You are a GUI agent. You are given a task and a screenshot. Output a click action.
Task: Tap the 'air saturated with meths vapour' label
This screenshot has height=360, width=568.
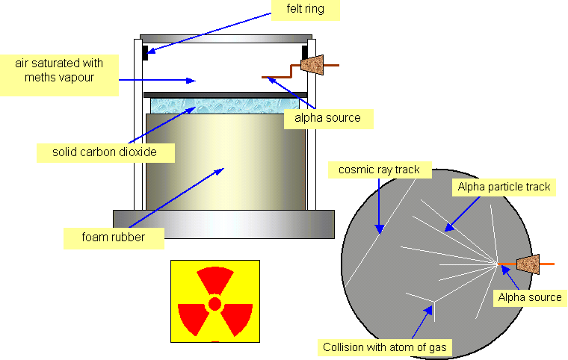(59, 71)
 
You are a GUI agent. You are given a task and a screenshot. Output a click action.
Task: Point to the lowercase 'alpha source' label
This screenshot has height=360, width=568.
(327, 118)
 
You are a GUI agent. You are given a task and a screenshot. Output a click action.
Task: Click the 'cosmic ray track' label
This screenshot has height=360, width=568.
(379, 170)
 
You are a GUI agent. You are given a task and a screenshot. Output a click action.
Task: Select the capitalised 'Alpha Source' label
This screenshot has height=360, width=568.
(529, 297)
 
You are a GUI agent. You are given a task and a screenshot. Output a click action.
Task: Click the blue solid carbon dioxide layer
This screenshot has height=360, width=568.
(224, 105)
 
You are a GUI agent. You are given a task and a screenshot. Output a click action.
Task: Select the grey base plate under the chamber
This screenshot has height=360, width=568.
(223, 222)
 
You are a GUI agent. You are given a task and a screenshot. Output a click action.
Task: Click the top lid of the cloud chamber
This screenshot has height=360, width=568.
(225, 38)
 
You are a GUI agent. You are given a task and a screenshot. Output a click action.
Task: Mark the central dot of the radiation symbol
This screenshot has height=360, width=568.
(214, 303)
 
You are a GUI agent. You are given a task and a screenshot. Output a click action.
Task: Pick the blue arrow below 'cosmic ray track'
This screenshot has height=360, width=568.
(379, 205)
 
